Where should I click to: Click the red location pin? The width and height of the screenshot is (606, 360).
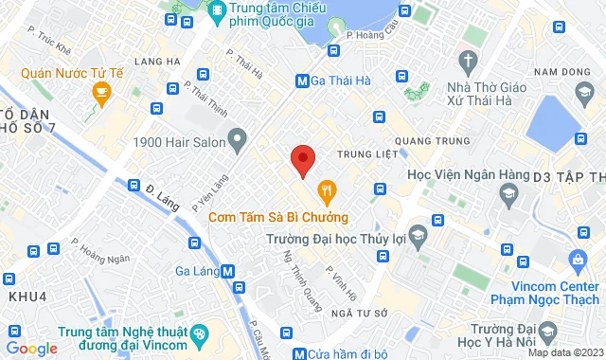click(x=302, y=160)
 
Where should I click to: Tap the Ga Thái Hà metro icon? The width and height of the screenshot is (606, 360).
click(x=302, y=81)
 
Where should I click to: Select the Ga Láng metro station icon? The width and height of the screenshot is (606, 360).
click(x=227, y=272)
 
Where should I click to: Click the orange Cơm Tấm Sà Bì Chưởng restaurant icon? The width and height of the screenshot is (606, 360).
click(x=326, y=190)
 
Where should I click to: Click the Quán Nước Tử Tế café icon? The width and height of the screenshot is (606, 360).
click(x=101, y=92)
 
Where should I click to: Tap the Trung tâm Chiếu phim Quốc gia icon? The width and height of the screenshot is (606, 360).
click(x=217, y=10)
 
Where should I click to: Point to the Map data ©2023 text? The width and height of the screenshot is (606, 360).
click(x=563, y=352)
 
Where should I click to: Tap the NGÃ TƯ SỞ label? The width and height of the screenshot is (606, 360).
click(x=362, y=313)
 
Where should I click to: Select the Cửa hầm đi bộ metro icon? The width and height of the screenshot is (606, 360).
click(x=300, y=353)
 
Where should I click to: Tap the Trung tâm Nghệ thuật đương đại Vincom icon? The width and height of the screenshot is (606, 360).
click(x=198, y=333)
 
